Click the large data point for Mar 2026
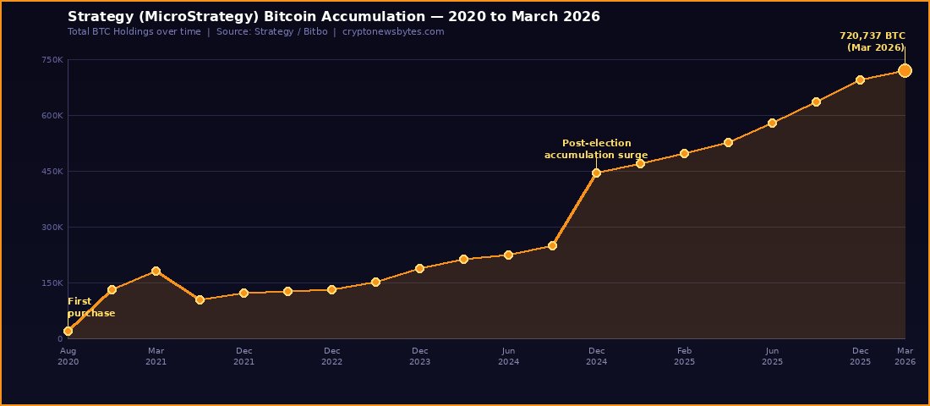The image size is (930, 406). (x=905, y=70)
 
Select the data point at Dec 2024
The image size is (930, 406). (x=596, y=173)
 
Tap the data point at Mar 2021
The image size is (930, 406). (x=156, y=271)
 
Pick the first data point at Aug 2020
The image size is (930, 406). (x=68, y=331)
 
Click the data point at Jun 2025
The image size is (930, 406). (x=772, y=123)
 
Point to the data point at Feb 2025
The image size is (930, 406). (x=684, y=153)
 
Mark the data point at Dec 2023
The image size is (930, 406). (x=420, y=268)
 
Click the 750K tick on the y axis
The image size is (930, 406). (x=52, y=59)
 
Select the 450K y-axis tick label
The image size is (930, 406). (x=52, y=172)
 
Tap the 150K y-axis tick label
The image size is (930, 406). (x=52, y=283)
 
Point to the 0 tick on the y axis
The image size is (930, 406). (x=59, y=339)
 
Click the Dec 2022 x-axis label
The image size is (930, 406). (x=332, y=356)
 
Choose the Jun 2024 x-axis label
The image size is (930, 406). (x=508, y=356)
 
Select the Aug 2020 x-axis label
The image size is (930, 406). (x=68, y=356)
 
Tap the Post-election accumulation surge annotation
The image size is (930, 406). (x=596, y=149)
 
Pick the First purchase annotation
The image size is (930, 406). (x=90, y=307)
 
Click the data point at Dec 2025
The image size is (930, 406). (x=860, y=80)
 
